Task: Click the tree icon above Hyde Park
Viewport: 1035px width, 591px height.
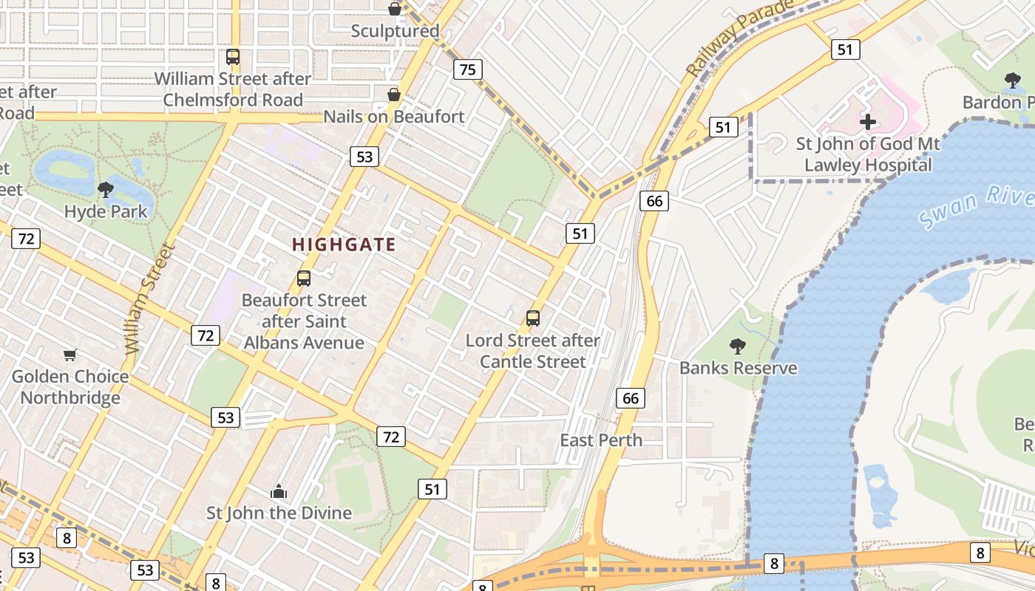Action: pos(106,190)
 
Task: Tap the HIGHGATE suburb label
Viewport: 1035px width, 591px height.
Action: pos(344,245)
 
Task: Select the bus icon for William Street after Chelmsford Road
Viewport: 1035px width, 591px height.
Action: pos(233,57)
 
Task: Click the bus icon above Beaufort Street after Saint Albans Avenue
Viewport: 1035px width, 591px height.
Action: pos(304,279)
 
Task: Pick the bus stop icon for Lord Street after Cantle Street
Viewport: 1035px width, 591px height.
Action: pos(533,318)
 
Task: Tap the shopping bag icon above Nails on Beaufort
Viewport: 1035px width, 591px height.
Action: pos(394,95)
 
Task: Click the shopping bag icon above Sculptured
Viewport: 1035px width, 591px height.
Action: pos(395,9)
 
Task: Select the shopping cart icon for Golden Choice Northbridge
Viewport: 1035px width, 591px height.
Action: pos(70,355)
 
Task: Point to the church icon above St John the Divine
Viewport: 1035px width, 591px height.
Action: pos(279,491)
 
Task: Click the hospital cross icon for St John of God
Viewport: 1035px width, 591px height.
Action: pos(868,121)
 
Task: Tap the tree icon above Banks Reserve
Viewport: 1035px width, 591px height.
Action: pos(737,346)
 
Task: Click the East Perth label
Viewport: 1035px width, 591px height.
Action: pos(601,440)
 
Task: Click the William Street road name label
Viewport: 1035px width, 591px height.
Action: pos(149,299)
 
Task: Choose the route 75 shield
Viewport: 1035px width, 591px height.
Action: pos(467,70)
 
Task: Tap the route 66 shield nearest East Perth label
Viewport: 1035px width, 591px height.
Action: pos(630,398)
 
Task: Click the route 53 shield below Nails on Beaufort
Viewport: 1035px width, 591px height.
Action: pos(364,157)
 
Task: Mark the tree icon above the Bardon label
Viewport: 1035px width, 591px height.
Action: pos(1013,80)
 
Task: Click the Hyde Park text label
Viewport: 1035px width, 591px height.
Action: pos(106,212)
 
